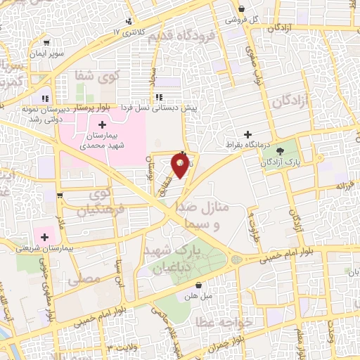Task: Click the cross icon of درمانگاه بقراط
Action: click(x=247, y=134)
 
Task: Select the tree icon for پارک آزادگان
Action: click(x=281, y=151)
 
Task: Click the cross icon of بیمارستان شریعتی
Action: click(x=47, y=237)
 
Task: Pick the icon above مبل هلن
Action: click(x=200, y=285)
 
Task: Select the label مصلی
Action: click(x=84, y=280)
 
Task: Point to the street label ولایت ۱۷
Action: click(x=129, y=347)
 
